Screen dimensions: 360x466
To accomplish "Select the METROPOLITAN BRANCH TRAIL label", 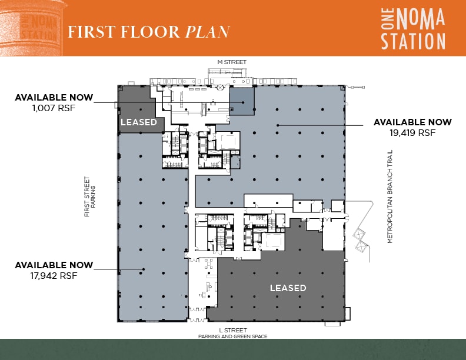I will [x=390, y=196].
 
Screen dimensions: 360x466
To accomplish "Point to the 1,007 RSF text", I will [x=54, y=108].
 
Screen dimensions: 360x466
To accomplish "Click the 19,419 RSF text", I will [x=412, y=133].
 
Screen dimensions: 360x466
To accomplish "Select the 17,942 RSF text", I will [x=54, y=275].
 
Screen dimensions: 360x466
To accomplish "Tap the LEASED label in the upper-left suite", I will [x=139, y=122].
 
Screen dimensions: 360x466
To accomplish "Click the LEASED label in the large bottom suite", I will [x=288, y=288].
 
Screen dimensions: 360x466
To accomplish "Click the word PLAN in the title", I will [x=207, y=31].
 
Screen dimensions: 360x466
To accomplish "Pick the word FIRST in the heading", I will [x=91, y=31].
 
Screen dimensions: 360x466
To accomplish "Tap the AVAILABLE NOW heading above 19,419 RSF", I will [x=412, y=122].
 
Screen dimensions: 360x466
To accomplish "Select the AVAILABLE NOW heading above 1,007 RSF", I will [x=54, y=97].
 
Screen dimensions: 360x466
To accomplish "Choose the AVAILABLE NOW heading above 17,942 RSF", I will [x=54, y=265].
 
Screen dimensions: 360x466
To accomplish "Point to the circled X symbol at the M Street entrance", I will [x=219, y=88].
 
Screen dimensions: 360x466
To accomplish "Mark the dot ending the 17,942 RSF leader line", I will [x=143, y=269].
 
